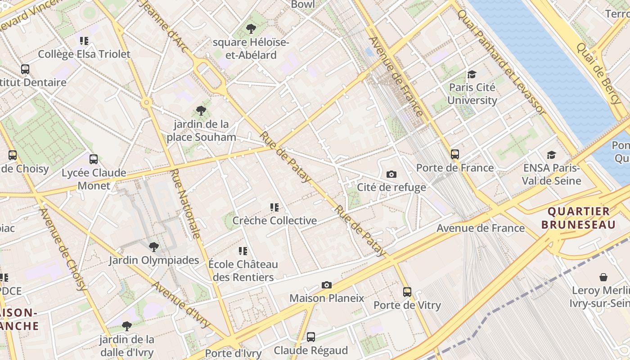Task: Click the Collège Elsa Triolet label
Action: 84,54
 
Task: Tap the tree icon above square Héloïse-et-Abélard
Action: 251,29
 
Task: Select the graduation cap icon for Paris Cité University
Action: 472,74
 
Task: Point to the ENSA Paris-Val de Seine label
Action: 552,174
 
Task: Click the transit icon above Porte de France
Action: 455,154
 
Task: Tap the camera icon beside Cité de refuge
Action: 391,174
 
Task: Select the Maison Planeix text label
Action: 327,298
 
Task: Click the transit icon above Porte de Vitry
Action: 407,292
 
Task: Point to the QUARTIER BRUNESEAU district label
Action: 578,218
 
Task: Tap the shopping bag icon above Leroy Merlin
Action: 603,277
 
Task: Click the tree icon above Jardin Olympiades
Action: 154,247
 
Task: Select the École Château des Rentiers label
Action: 243,270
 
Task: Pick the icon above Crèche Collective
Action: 274,207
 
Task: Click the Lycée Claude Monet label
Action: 94,179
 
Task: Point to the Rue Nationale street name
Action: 185,203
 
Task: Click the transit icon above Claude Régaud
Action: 310,337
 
